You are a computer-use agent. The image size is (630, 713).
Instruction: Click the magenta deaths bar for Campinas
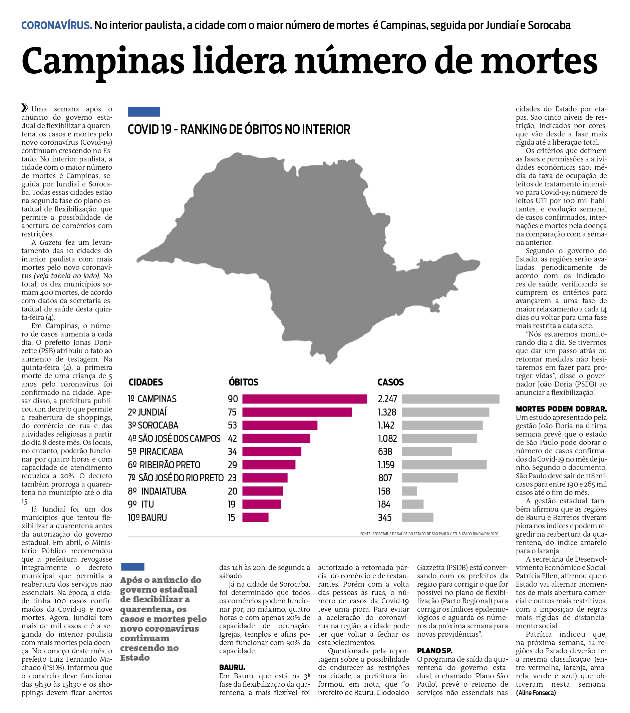(304, 399)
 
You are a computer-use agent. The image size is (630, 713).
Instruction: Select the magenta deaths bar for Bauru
(255, 517)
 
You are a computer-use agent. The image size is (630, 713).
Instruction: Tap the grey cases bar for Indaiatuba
(409, 491)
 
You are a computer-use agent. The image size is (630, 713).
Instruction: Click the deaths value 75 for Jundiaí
(232, 412)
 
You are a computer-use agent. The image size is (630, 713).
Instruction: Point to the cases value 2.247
(387, 399)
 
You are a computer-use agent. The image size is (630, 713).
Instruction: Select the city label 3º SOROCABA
(153, 425)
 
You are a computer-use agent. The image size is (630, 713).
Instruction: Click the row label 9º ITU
(141, 504)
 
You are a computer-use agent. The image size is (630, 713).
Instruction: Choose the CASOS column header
(390, 382)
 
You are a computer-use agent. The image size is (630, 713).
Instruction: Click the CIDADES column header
(145, 382)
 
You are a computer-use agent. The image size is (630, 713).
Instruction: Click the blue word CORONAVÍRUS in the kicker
(57, 25)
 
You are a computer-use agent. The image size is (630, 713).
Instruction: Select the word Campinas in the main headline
(103, 61)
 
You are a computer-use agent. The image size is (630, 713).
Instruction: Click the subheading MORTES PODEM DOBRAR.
(561, 409)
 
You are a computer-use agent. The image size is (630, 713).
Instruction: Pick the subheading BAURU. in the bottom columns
(232, 667)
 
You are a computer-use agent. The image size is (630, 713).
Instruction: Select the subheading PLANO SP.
(434, 651)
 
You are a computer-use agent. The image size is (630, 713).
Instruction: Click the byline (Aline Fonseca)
(536, 692)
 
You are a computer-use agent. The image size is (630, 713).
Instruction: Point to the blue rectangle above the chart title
(144, 112)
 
